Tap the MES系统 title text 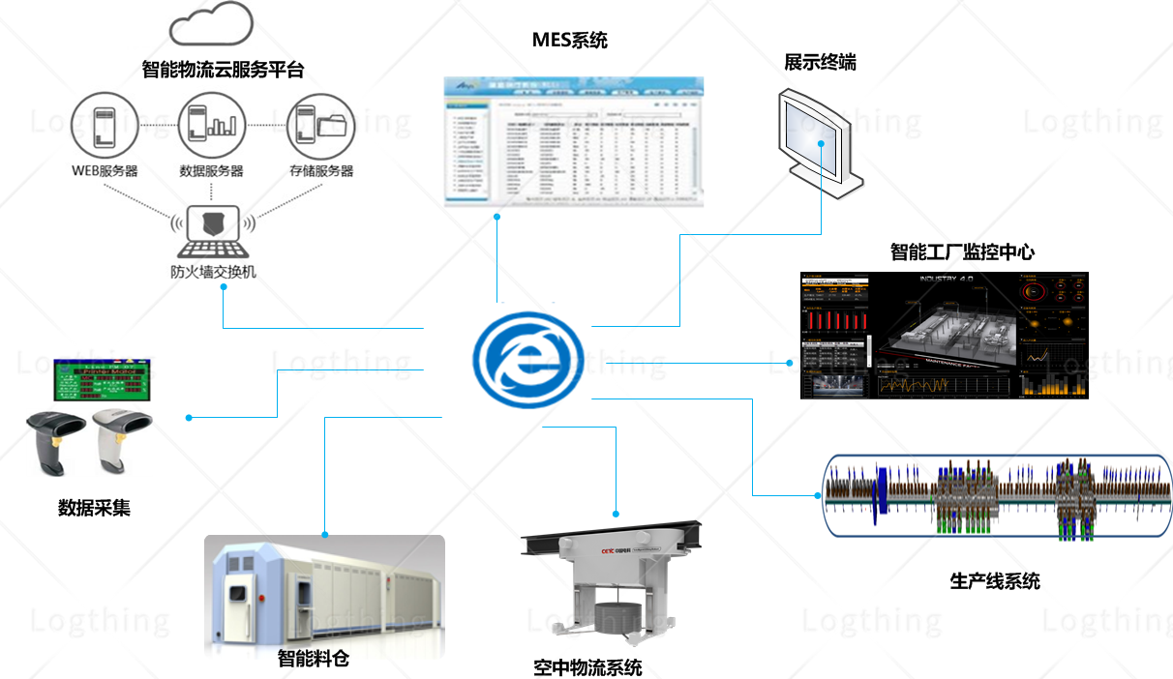click(570, 40)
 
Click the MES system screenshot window click(573, 140)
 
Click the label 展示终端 click(820, 63)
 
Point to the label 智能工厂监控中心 click(962, 252)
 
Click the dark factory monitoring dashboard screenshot click(945, 336)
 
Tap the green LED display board click(103, 379)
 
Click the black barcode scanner click(52, 438)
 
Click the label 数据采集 click(94, 507)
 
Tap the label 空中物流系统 click(587, 667)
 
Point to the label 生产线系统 click(995, 581)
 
